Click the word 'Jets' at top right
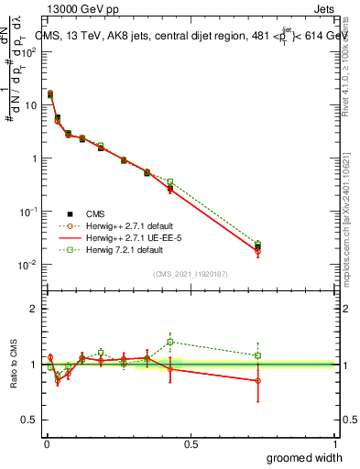click(324, 9)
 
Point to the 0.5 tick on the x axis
click(191, 443)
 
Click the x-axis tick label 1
click(335, 443)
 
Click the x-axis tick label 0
click(46, 443)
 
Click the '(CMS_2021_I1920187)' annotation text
click(191, 273)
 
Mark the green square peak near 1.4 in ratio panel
click(170, 342)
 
